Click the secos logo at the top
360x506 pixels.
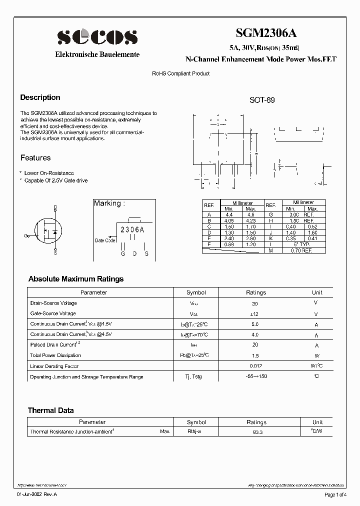click(97, 37)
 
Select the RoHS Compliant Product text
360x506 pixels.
click(181, 73)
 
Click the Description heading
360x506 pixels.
click(40, 97)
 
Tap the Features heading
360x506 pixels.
click(35, 158)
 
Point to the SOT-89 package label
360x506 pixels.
click(262, 100)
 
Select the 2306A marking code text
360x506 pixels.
click(132, 230)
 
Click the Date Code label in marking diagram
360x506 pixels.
click(105, 240)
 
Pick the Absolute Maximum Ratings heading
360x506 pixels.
click(76, 279)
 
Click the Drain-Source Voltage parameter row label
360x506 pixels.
click(53, 303)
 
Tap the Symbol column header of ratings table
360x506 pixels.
click(196, 292)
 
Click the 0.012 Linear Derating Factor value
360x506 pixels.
click(256, 366)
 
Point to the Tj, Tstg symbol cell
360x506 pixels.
click(194, 376)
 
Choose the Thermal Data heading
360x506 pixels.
click(50, 410)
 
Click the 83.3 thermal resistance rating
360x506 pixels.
click(256, 431)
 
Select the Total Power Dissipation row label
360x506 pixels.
click(55, 355)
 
